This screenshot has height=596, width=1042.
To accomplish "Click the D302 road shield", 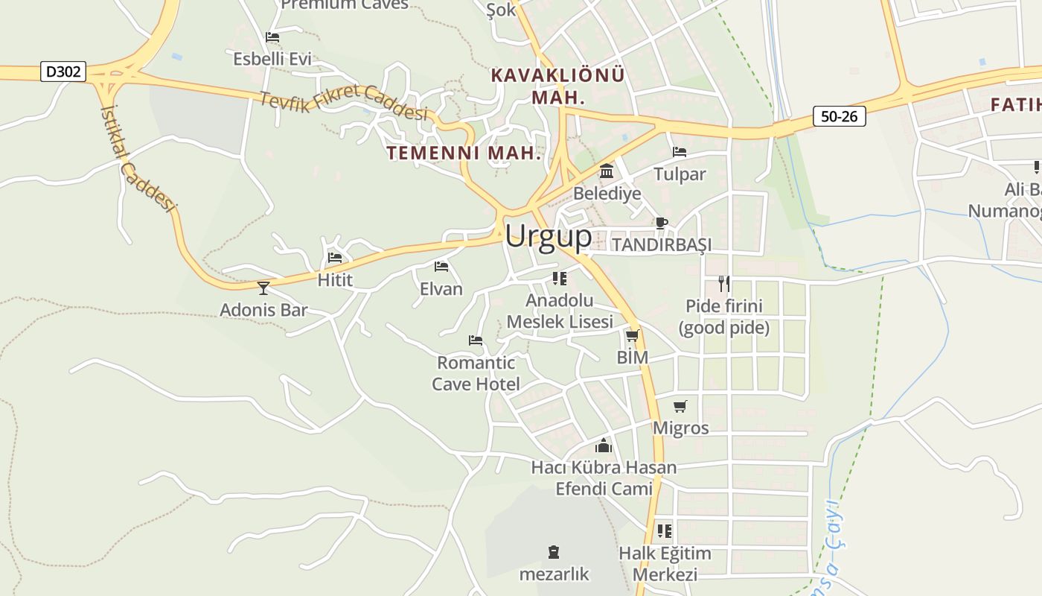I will tap(64, 72).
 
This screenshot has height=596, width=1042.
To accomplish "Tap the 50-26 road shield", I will tap(839, 116).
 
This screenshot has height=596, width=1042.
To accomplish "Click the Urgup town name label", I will tap(549, 236).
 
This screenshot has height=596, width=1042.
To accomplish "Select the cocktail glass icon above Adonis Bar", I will tap(263, 288).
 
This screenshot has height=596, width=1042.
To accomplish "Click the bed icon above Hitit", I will tap(335, 258).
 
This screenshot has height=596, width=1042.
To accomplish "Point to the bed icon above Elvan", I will tap(441, 266).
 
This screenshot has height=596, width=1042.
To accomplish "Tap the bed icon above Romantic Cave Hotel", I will tap(476, 340).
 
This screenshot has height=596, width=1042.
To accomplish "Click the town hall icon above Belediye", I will tap(607, 171).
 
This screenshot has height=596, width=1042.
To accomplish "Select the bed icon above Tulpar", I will tap(680, 152).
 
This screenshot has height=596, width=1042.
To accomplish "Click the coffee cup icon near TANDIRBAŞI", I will tap(661, 222).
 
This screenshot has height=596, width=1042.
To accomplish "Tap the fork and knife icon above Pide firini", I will tap(723, 283).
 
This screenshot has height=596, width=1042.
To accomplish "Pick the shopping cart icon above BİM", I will tap(633, 336).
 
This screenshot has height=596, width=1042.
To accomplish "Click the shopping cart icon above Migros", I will tap(680, 406).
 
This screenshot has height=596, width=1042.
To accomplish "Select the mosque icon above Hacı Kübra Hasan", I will tap(603, 446).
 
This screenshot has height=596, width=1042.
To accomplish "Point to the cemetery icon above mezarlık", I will tap(554, 552).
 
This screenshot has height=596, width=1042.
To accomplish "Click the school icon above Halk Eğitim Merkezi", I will tap(665, 531).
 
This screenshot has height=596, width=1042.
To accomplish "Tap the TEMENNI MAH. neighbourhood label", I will tap(463, 153).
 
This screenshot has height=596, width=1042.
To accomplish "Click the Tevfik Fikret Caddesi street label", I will tap(344, 101).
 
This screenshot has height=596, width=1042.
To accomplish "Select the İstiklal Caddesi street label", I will tap(138, 157).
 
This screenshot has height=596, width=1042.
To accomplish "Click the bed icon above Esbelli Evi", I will tap(272, 37).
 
